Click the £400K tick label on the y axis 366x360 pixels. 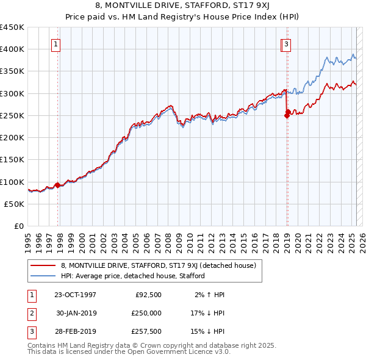12,49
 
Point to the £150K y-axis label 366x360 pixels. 12,159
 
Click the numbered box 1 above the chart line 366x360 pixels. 56,43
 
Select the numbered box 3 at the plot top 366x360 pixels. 286,43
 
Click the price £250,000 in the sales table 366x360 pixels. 146,313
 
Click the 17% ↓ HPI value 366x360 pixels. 207,313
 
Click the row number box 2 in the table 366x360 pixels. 30,313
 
